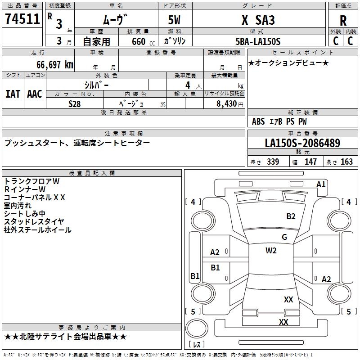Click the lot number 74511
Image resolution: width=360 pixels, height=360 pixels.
pos(22,18)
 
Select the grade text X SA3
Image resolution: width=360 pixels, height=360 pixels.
pos(258,20)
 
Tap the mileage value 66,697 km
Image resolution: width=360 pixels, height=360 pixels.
pos(55,64)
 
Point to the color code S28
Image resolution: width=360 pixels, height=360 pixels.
pos(75,104)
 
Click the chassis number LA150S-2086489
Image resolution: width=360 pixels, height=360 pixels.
pos(302,143)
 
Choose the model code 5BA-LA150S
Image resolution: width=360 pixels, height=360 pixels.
pos(258,41)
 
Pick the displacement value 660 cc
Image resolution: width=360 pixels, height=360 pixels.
pos(143,41)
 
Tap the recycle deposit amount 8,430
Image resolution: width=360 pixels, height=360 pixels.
pos(226,103)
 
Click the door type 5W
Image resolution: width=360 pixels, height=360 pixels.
pos(174,20)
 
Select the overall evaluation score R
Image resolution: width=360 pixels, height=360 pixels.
pos(343,21)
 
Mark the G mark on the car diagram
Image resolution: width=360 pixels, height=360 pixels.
pos(284,237)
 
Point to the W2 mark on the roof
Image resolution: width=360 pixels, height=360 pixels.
pos(271,250)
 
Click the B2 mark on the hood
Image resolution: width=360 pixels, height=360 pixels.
pos(291,216)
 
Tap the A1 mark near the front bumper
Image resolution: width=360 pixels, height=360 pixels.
pos(321,184)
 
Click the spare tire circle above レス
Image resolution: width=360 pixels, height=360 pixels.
pos(197,328)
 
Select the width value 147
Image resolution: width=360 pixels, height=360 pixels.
pos(310,162)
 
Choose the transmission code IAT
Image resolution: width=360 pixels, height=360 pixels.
pos(13,94)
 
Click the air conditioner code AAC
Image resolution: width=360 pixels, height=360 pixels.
pos(35,94)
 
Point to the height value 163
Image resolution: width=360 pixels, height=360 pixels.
pos(346,162)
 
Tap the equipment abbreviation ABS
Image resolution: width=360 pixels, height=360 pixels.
pos(258,121)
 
